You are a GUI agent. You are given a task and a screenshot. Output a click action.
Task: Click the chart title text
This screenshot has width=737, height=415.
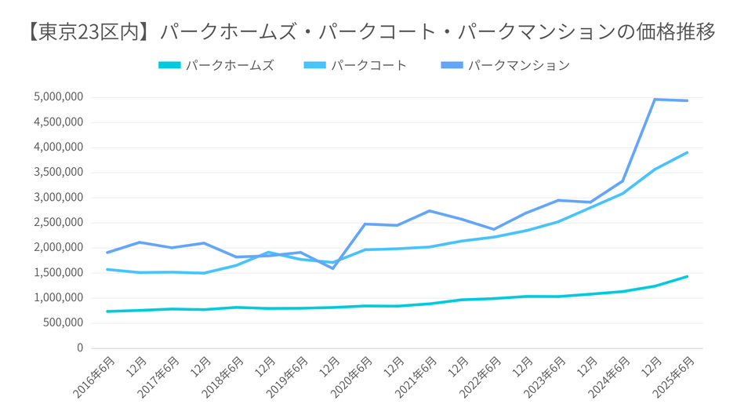[368, 32]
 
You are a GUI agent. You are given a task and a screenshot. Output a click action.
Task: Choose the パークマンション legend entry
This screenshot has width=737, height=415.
[518, 65]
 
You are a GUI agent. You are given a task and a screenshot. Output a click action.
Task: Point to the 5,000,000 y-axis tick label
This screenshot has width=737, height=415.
[59, 97]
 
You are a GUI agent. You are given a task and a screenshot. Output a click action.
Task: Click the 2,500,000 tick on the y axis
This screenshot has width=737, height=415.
[59, 223]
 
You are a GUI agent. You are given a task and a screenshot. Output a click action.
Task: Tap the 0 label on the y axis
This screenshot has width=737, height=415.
[80, 348]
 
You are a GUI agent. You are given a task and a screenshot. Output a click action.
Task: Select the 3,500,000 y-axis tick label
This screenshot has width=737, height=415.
[59, 173]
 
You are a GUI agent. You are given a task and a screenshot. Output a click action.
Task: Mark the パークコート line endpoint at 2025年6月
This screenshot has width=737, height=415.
[688, 153]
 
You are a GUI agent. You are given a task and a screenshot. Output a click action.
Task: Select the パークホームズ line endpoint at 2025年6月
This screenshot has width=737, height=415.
[688, 276]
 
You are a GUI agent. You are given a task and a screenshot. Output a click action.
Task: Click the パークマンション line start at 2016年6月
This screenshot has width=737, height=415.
[107, 253]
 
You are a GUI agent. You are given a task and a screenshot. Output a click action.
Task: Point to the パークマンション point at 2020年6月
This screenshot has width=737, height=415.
[365, 224]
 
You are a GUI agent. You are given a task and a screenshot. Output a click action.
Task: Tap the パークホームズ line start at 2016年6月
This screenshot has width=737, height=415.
[107, 311]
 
